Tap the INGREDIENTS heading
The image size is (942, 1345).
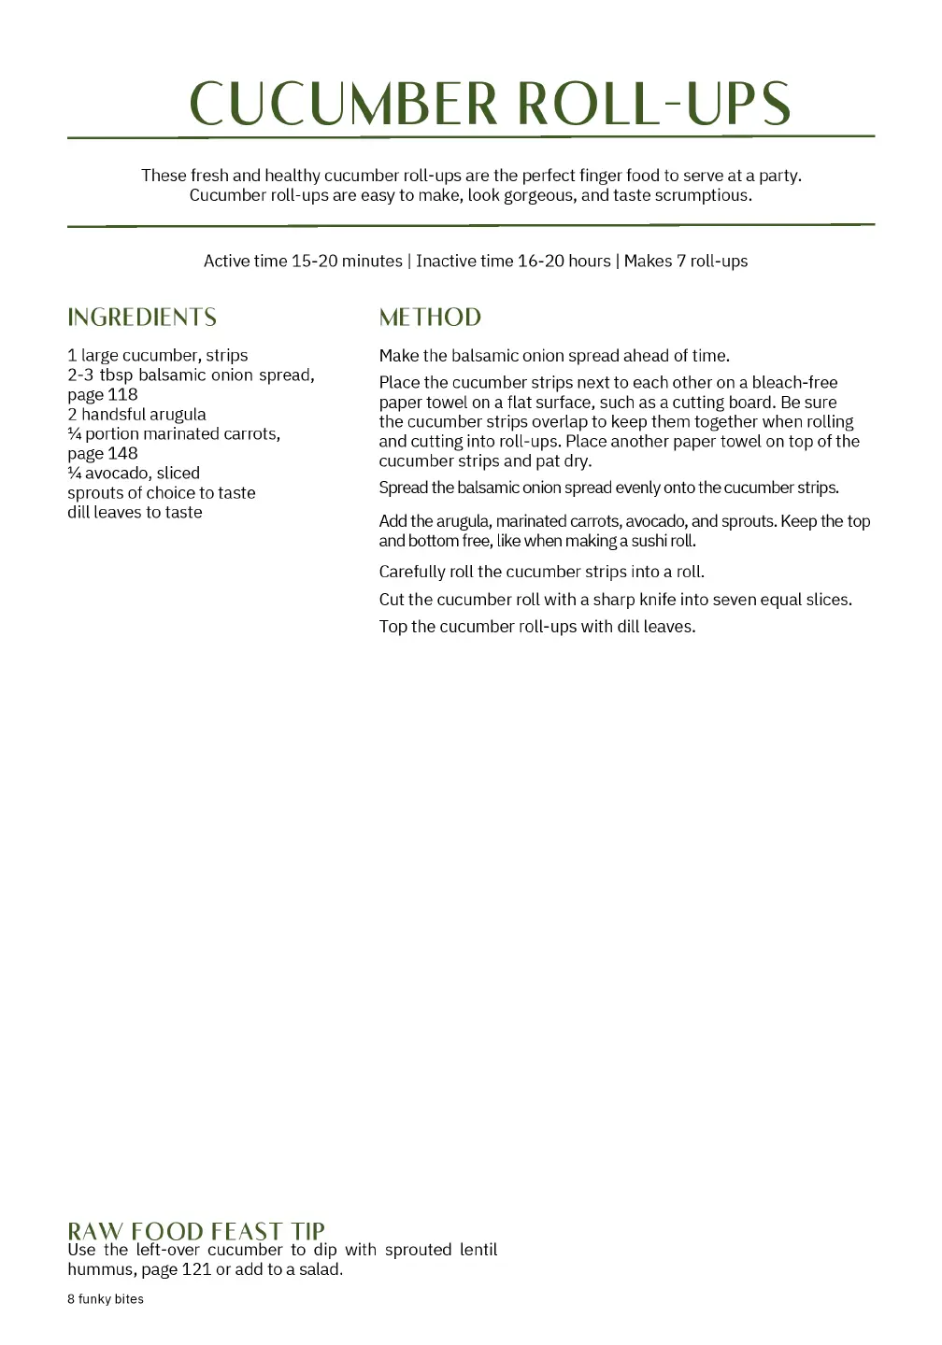tap(142, 318)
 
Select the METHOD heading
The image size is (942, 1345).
tap(430, 318)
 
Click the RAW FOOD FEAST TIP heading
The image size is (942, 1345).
tap(196, 1231)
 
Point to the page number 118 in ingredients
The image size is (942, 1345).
tap(122, 395)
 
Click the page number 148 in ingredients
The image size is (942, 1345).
tap(122, 454)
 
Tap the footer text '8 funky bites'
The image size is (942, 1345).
tap(106, 1299)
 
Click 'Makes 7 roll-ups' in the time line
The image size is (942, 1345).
tap(686, 262)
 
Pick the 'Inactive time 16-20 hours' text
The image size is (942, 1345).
tap(513, 262)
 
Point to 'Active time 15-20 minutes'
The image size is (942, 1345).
tap(303, 262)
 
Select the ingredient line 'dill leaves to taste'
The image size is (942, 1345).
tap(135, 513)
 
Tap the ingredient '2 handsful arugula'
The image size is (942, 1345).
tap(136, 415)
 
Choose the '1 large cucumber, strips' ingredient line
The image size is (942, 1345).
tap(158, 356)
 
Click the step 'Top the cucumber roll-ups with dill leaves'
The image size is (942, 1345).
tap(537, 627)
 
